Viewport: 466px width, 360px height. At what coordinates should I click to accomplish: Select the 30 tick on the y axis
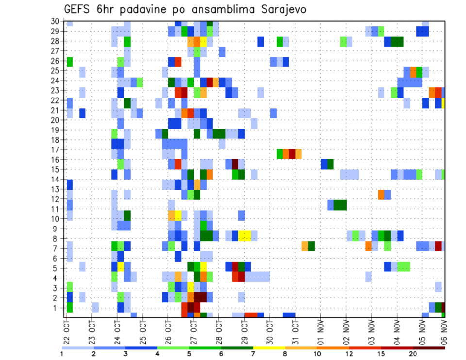pos(55,21)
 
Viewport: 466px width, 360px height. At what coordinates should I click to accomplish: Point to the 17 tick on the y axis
pos(55,150)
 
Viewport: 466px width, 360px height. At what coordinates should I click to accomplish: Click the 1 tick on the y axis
pos(57,308)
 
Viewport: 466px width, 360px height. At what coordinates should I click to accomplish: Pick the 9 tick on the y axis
pos(57,229)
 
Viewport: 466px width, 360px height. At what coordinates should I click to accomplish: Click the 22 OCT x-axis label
pos(67,332)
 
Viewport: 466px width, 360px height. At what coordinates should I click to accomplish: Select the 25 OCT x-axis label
pos(143,332)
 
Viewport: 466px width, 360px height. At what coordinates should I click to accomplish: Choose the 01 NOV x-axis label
pos(320,332)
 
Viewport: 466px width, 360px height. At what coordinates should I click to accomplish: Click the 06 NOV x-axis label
pos(443,332)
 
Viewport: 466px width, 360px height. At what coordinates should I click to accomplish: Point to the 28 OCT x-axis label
pos(219,332)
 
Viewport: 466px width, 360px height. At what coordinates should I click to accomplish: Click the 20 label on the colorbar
pos(413,354)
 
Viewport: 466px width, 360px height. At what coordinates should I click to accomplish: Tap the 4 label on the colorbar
pos(157,354)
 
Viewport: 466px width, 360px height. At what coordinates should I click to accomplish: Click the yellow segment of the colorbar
pos(269,347)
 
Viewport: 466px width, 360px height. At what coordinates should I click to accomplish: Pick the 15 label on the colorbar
pos(381,354)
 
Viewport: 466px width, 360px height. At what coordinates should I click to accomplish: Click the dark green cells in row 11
pos(340,205)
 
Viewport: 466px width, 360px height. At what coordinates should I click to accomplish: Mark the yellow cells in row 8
pos(245,236)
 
